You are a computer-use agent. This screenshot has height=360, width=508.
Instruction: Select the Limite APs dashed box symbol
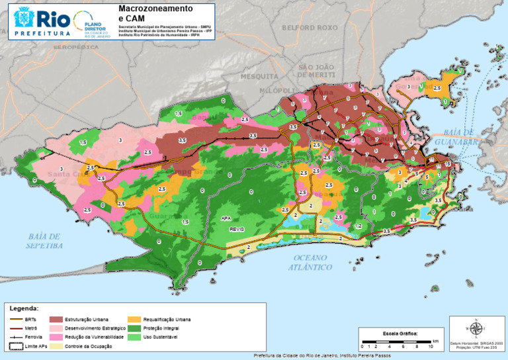pyautogui.click(x=16, y=346)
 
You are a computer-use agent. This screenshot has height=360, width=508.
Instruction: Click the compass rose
pyautogui.click(x=476, y=328)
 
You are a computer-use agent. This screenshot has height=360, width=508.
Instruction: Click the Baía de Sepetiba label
pyautogui.click(x=45, y=240)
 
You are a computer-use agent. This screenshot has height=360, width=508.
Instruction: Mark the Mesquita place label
pyautogui.click(x=250, y=76)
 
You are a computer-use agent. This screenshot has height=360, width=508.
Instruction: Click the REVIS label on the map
pyautogui.click(x=237, y=228)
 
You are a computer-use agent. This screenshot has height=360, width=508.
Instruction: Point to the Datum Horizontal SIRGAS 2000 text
pyautogui.click(x=476, y=343)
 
